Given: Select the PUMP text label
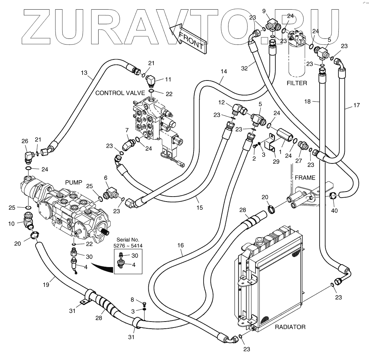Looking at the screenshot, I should point(74,182).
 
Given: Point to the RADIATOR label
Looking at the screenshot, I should point(290,327).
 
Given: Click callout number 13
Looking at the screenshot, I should point(84,72).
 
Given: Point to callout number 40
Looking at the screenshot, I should point(334,210).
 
